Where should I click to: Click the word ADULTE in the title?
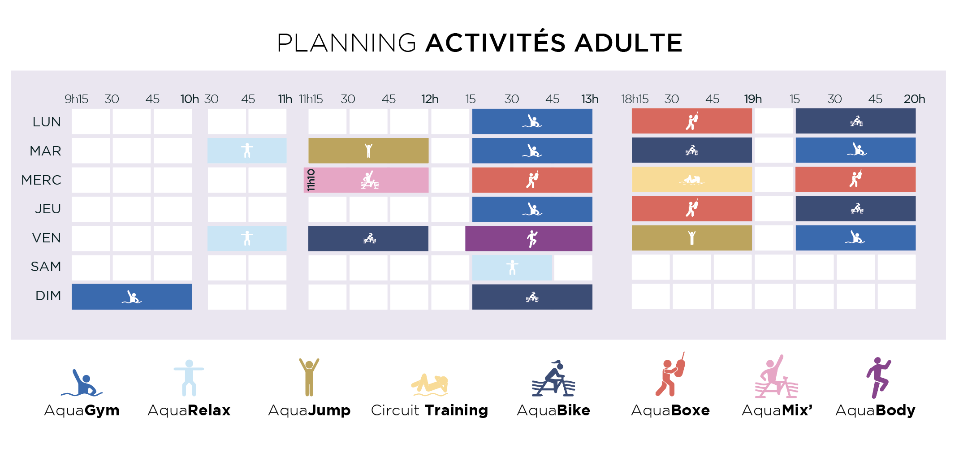628,43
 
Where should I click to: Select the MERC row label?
41,180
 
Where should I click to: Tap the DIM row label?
48,296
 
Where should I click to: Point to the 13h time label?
590,99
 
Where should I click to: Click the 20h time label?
914,99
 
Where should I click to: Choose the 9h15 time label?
76,99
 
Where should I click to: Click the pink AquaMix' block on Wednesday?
366,180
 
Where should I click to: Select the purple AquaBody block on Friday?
529,238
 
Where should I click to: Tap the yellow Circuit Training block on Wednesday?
692,180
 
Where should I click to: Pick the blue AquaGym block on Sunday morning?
132,297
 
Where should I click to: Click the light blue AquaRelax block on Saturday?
512,267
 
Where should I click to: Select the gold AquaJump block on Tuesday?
368,151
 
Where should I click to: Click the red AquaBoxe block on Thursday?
692,209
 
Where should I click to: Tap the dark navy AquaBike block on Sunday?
532,297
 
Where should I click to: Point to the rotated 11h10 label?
311,180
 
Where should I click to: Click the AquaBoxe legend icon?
670,375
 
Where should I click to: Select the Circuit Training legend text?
429,410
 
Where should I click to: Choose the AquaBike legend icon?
553,378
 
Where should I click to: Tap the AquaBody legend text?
875,410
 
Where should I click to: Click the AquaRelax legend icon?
189,378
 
